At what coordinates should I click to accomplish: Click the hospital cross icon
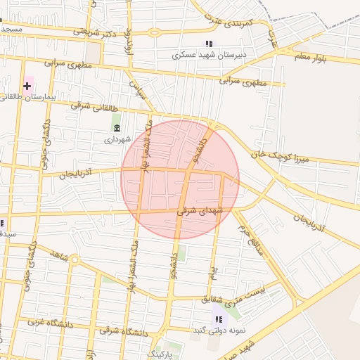click(27, 86)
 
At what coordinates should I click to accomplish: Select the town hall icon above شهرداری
click(116, 127)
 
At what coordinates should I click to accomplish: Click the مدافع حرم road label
click(255, 240)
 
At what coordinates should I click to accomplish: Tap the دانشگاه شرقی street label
click(125, 330)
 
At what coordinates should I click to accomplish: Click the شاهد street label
click(59, 256)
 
